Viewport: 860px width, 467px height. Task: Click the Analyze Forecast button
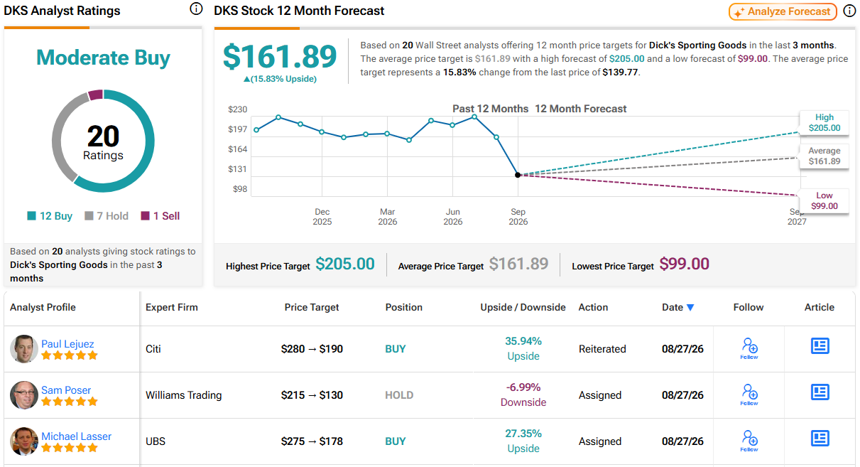point(783,11)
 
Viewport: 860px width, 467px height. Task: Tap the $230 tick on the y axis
point(238,109)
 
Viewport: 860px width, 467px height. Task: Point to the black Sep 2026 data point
point(518,175)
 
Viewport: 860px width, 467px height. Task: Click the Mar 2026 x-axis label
point(387,217)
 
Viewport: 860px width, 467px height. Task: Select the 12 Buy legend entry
point(50,216)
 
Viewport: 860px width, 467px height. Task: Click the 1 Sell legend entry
point(160,216)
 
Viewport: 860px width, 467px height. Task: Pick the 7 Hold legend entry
point(107,216)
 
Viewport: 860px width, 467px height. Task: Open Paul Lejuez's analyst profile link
point(67,343)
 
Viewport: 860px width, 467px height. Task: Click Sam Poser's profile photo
point(24,395)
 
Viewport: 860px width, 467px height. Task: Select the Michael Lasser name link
point(77,436)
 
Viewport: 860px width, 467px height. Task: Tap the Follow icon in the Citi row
point(749,348)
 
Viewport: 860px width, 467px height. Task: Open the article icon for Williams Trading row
point(820,392)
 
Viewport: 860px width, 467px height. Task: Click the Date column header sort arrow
point(690,308)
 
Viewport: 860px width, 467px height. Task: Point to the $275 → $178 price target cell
point(312,441)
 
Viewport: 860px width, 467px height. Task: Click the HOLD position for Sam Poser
point(399,395)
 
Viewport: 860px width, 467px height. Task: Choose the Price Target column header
point(312,307)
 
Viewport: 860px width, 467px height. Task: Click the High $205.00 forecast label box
point(824,122)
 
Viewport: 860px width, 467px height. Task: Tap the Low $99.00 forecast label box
point(824,200)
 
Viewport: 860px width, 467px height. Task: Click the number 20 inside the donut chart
point(103,136)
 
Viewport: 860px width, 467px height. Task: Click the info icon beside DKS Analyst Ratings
point(196,9)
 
